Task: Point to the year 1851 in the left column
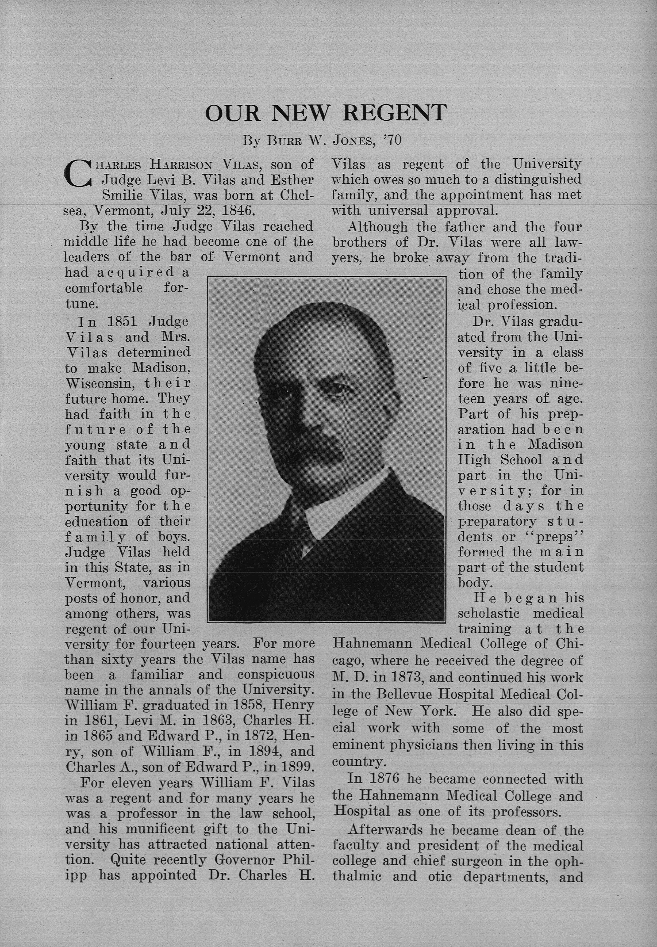(x=124, y=321)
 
